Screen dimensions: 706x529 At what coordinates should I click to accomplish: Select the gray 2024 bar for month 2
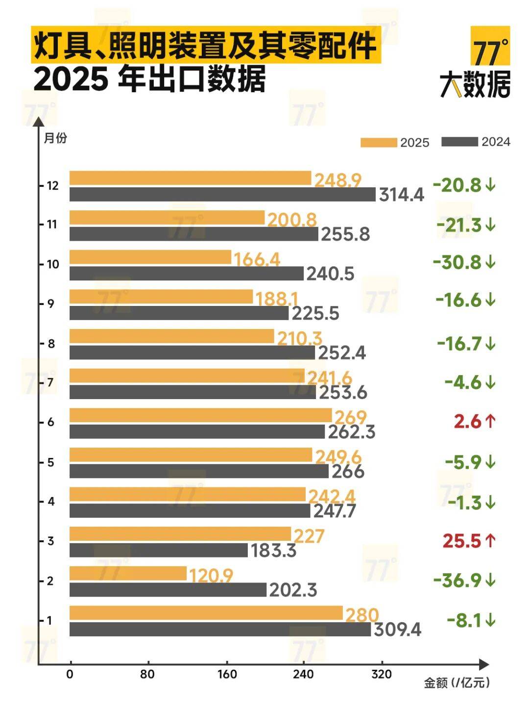168,589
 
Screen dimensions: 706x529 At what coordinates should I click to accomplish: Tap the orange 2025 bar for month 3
180,534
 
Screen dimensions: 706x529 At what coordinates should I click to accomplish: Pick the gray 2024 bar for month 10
186,273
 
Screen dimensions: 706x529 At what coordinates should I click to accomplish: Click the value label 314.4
401,195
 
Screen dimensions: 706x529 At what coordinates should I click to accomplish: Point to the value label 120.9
211,575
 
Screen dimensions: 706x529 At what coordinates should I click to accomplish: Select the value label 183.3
273,551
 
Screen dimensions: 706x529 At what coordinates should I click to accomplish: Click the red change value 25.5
462,541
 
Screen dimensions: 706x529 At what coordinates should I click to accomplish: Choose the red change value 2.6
467,422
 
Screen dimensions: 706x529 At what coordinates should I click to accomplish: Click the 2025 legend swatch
379,142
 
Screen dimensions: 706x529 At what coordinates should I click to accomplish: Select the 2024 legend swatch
459,142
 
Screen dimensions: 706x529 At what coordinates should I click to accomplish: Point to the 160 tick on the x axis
227,674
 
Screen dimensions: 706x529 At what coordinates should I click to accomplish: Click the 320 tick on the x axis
382,674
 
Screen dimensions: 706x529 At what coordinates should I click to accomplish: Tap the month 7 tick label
50,382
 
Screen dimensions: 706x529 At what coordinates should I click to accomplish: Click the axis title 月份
55,138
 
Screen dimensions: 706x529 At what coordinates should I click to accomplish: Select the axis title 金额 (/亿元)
456,682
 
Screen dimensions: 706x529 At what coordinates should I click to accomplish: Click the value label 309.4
397,630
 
